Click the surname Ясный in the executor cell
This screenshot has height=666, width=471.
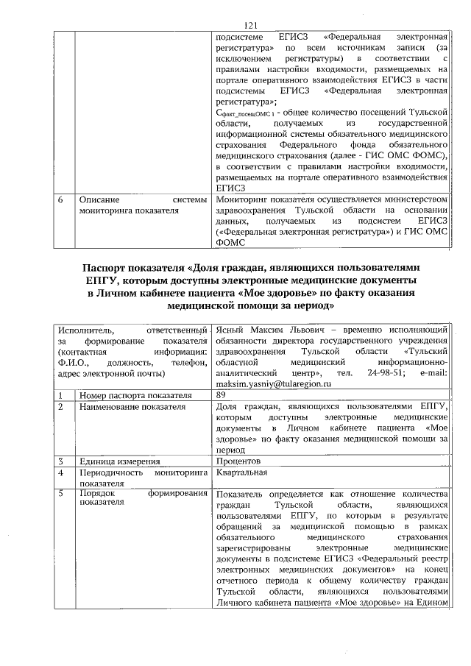coord(233,328)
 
